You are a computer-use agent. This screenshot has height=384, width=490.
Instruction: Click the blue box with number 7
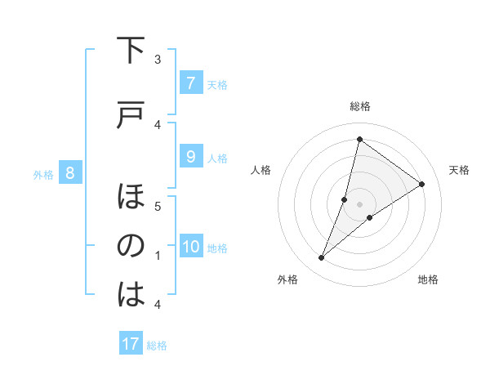[190, 83]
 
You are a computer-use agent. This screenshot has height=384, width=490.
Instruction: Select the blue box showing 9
[190, 158]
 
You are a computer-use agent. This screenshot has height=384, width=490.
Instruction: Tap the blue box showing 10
[190, 248]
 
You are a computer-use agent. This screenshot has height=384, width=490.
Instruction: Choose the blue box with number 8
[70, 173]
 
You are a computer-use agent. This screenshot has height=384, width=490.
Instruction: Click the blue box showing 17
[131, 344]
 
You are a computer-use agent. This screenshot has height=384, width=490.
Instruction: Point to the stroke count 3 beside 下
[158, 59]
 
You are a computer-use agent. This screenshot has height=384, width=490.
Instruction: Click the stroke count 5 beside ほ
[158, 207]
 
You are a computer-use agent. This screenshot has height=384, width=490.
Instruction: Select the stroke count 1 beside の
[158, 256]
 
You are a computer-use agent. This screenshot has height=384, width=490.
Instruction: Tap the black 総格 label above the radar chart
[359, 106]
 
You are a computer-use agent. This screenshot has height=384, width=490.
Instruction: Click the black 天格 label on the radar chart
[459, 170]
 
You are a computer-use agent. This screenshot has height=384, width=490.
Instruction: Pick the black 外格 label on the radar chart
[287, 279]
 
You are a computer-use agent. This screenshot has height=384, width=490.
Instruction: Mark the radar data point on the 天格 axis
[422, 184]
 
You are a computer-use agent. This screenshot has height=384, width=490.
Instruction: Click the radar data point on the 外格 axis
[321, 258]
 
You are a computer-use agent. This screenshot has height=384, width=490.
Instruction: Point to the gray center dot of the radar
[359, 204]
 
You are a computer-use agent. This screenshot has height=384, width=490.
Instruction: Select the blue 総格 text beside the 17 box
[157, 346]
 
